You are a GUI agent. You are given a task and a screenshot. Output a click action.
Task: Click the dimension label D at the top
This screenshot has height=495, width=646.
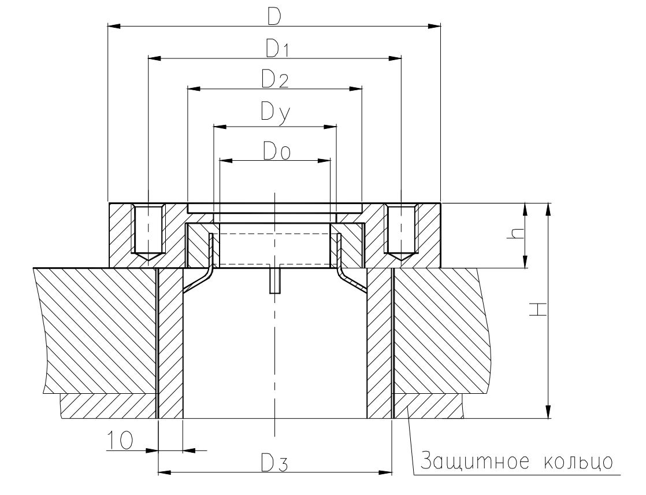tap(274, 16)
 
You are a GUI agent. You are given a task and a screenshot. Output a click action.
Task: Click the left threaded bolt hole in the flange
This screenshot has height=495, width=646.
tap(149, 232)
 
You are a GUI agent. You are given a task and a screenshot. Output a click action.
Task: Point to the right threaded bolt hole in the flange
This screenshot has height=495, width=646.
tap(400, 232)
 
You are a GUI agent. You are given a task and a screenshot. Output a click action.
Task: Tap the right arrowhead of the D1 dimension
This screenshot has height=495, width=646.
tap(395, 58)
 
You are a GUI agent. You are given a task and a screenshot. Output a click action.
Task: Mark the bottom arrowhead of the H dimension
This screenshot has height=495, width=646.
tap(548, 412)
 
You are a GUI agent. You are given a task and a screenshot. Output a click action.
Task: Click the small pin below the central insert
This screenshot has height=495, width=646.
tap(275, 280)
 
